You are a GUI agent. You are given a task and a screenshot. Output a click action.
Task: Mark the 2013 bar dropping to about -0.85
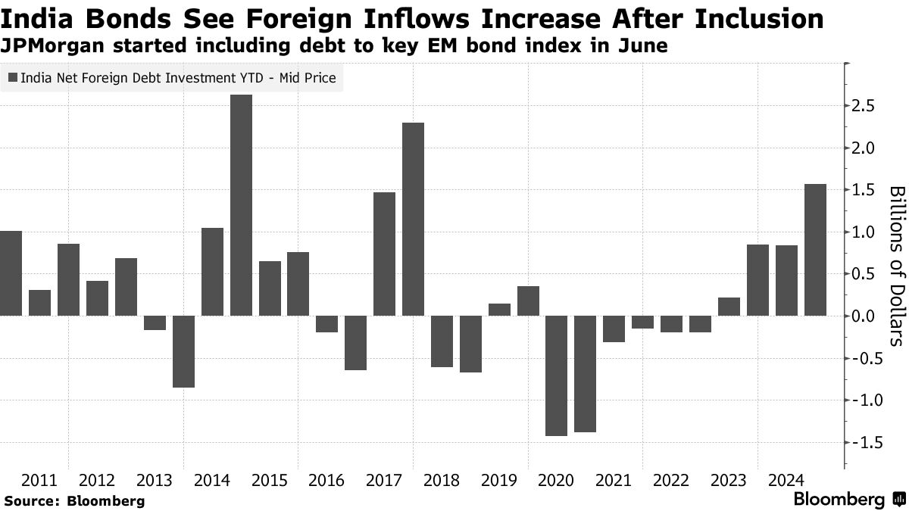tap(183, 362)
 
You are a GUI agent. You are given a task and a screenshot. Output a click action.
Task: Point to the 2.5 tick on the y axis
tap(863, 106)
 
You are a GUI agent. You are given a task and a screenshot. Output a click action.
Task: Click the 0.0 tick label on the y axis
tap(863, 316)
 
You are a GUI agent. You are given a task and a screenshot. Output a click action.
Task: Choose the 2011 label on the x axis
tap(39, 480)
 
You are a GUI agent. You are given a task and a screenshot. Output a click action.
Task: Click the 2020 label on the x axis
tap(557, 480)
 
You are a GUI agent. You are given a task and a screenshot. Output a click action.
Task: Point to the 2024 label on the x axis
tap(786, 480)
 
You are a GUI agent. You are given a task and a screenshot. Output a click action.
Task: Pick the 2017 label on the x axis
tap(384, 480)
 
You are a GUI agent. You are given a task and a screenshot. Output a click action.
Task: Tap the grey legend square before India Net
tap(13, 77)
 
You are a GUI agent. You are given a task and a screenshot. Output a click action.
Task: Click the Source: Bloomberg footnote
tap(73, 500)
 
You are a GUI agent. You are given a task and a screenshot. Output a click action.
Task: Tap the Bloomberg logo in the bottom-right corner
tap(848, 500)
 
